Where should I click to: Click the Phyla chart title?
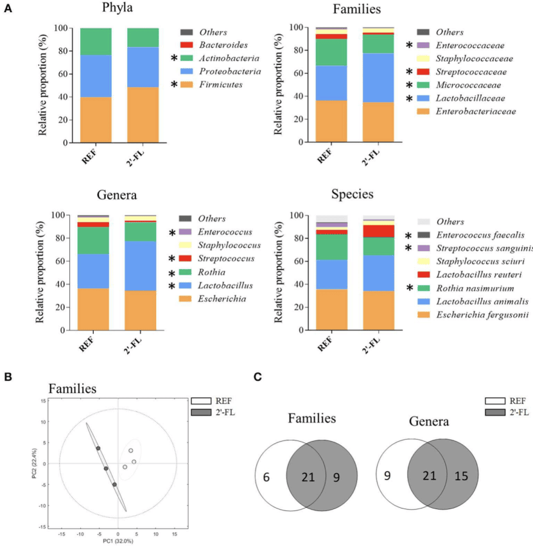point(118,10)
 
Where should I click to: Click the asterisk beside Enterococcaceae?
point(409,46)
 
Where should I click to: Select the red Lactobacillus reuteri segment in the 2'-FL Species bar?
point(378,231)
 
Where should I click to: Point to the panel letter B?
point(7,377)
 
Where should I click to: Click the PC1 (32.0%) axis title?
point(118,542)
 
